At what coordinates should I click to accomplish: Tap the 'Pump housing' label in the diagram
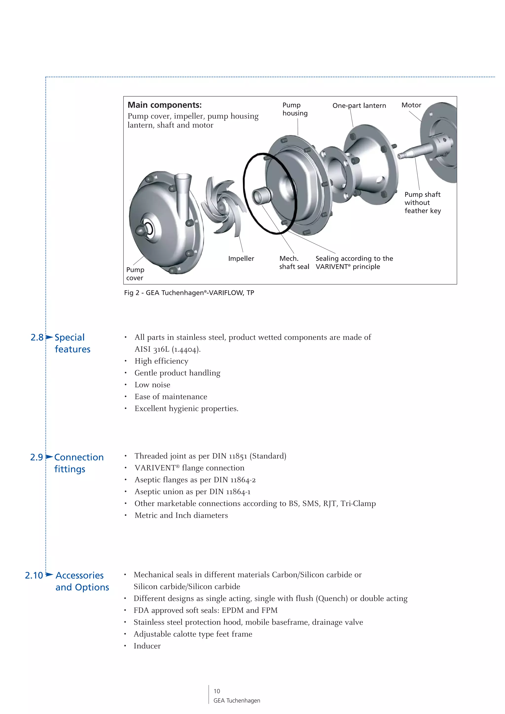(295, 109)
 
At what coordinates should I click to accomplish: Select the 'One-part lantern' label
(359, 106)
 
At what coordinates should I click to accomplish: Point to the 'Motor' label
(411, 105)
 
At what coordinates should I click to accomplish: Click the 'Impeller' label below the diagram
(241, 258)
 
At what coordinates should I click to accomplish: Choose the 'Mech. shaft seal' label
(294, 262)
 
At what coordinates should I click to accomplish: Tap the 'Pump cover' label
(135, 274)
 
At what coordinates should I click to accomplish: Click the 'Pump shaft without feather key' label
(423, 203)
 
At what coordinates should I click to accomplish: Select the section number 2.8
(37, 337)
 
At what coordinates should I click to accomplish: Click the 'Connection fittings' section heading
(79, 463)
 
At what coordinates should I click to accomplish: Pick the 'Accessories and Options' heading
(82, 581)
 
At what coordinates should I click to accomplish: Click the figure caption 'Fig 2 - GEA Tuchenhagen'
(189, 293)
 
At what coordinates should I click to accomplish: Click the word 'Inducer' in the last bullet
(147, 646)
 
